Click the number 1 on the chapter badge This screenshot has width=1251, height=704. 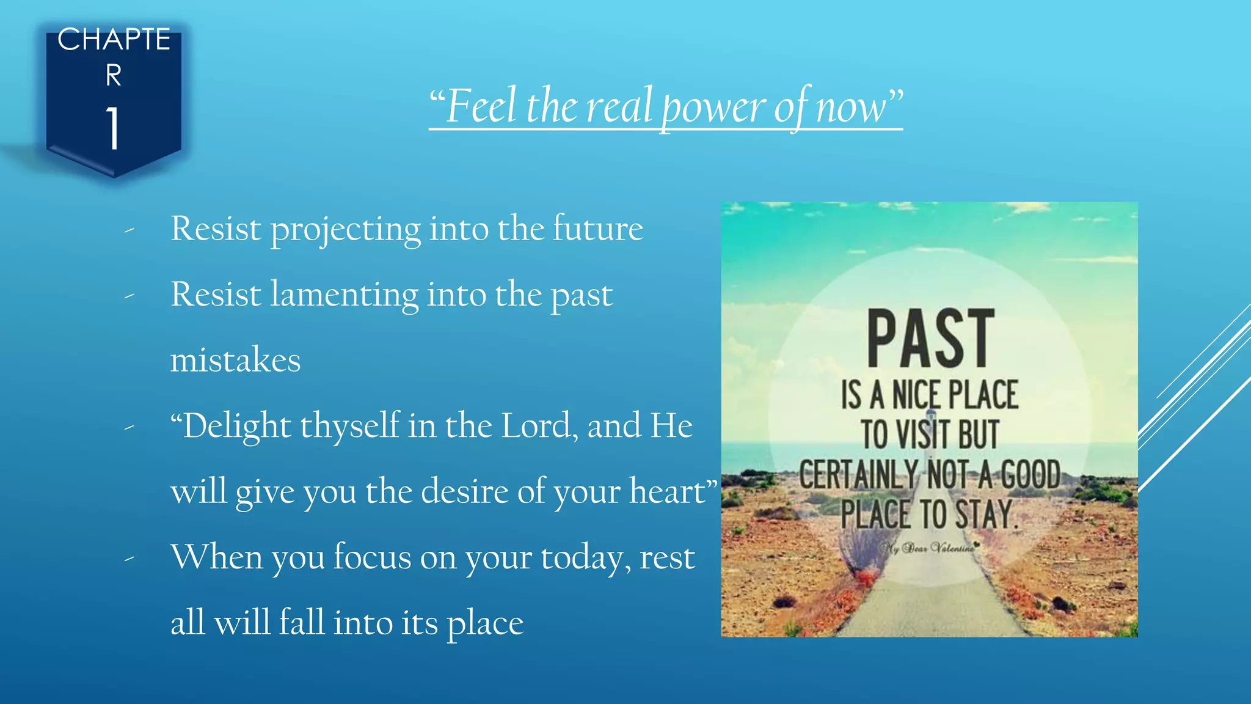click(113, 128)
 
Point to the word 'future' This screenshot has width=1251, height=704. click(598, 229)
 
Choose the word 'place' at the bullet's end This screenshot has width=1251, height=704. click(485, 624)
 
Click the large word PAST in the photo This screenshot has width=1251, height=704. click(930, 339)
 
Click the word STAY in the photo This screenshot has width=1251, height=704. click(984, 514)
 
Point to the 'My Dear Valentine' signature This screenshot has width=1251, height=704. click(929, 548)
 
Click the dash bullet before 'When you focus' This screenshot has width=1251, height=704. click(129, 559)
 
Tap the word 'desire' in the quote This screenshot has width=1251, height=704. click(464, 491)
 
